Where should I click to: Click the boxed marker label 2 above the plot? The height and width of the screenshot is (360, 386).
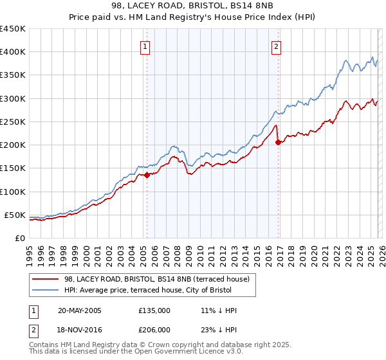(x=276, y=46)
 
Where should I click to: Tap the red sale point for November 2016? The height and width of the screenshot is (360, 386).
(x=278, y=142)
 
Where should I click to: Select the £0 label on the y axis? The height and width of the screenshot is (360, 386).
(x=20, y=238)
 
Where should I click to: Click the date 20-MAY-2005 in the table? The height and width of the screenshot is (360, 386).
(x=79, y=310)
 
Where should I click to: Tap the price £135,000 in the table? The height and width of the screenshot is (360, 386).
(x=154, y=310)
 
